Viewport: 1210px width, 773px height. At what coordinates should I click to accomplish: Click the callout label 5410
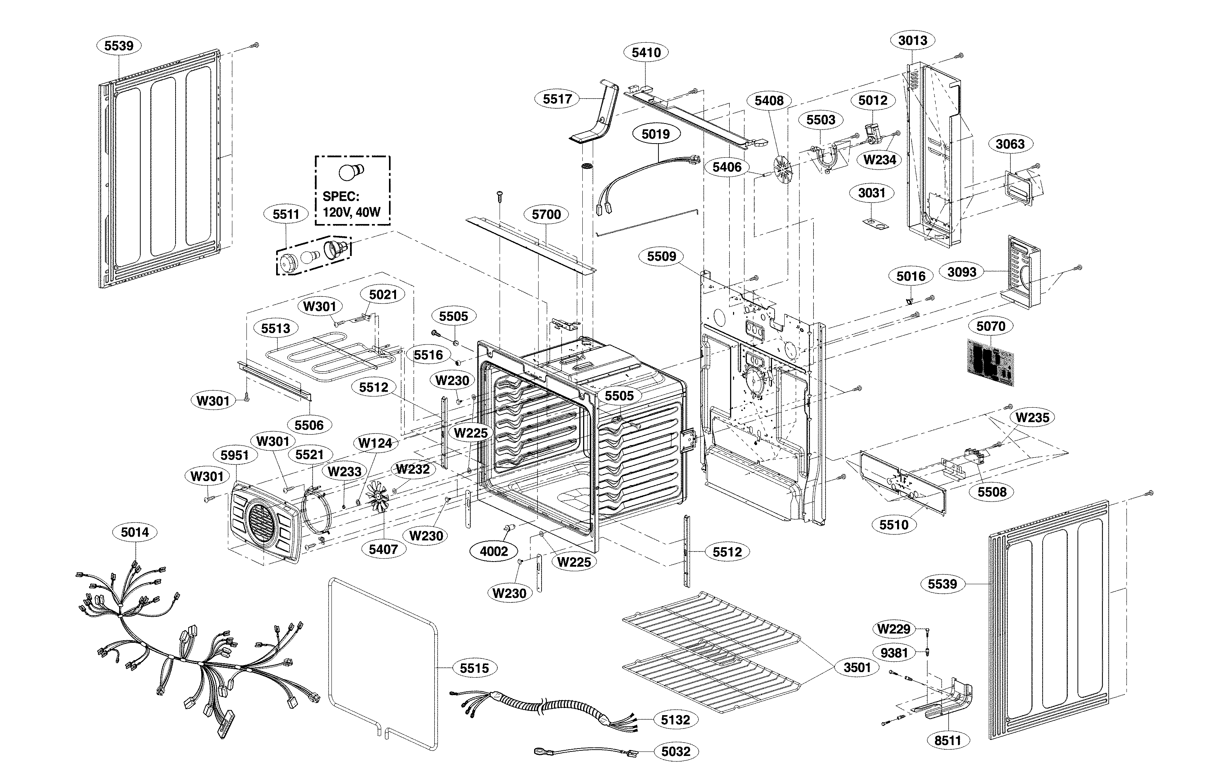[x=646, y=52]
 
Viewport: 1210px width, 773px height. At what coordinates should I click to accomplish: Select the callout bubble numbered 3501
[x=857, y=668]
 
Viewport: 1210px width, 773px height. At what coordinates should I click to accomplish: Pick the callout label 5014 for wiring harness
[x=135, y=532]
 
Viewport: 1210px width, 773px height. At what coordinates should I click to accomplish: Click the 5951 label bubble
[x=235, y=455]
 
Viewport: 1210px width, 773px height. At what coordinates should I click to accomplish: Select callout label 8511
[x=948, y=741]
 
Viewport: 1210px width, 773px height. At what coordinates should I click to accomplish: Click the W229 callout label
[x=893, y=629]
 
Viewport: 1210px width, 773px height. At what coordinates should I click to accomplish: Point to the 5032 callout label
[x=676, y=751]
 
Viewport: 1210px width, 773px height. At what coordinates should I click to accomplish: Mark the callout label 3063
[x=1010, y=144]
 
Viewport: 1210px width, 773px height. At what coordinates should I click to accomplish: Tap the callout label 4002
[x=494, y=552]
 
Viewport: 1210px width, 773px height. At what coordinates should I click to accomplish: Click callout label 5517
[x=557, y=99]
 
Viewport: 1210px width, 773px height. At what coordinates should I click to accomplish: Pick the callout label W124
[x=375, y=443]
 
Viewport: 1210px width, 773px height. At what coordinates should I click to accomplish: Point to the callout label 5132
[x=676, y=720]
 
